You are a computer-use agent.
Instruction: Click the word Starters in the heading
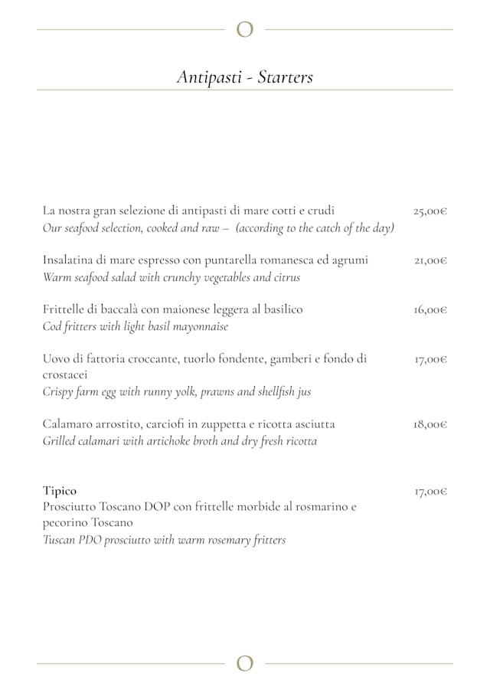point(286,77)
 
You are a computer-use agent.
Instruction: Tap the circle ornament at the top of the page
point(245,30)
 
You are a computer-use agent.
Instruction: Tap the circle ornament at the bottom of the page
point(245,663)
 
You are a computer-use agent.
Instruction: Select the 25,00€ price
point(430,211)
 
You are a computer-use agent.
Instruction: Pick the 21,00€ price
point(430,260)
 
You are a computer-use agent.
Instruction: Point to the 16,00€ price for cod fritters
point(430,310)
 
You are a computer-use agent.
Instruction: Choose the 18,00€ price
point(430,424)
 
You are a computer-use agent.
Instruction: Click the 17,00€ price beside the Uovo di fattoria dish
point(430,358)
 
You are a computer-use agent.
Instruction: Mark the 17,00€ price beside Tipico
point(430,491)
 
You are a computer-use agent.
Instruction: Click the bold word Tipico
point(60,491)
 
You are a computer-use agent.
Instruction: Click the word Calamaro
point(68,424)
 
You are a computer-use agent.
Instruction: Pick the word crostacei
point(65,375)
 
